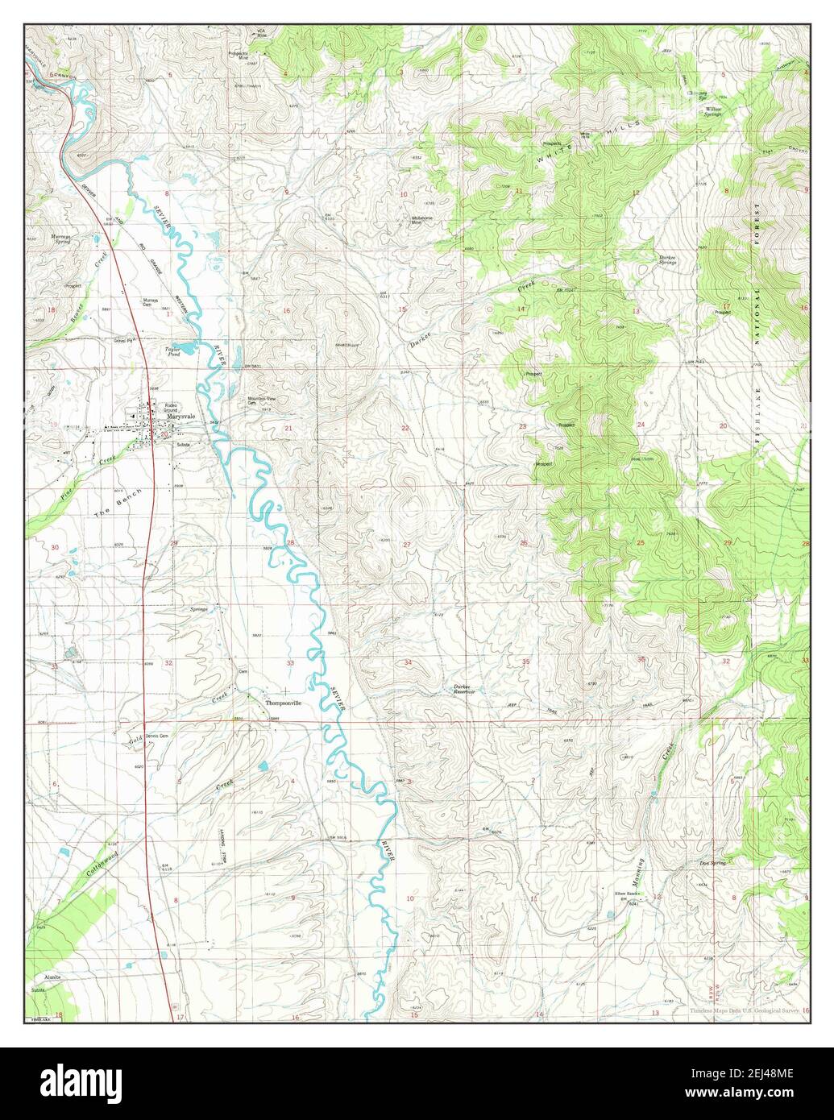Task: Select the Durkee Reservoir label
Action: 463,689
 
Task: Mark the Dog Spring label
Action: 713,863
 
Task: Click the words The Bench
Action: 118,503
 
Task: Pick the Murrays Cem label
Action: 151,303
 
